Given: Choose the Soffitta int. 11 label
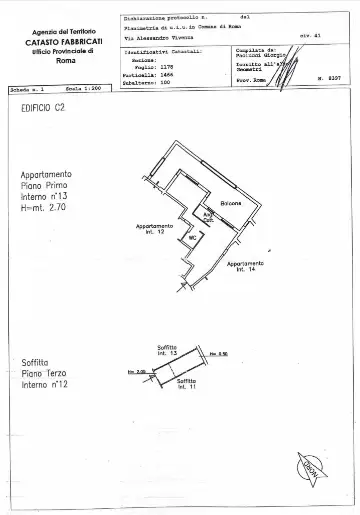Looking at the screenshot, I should pyautogui.click(x=187, y=385).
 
